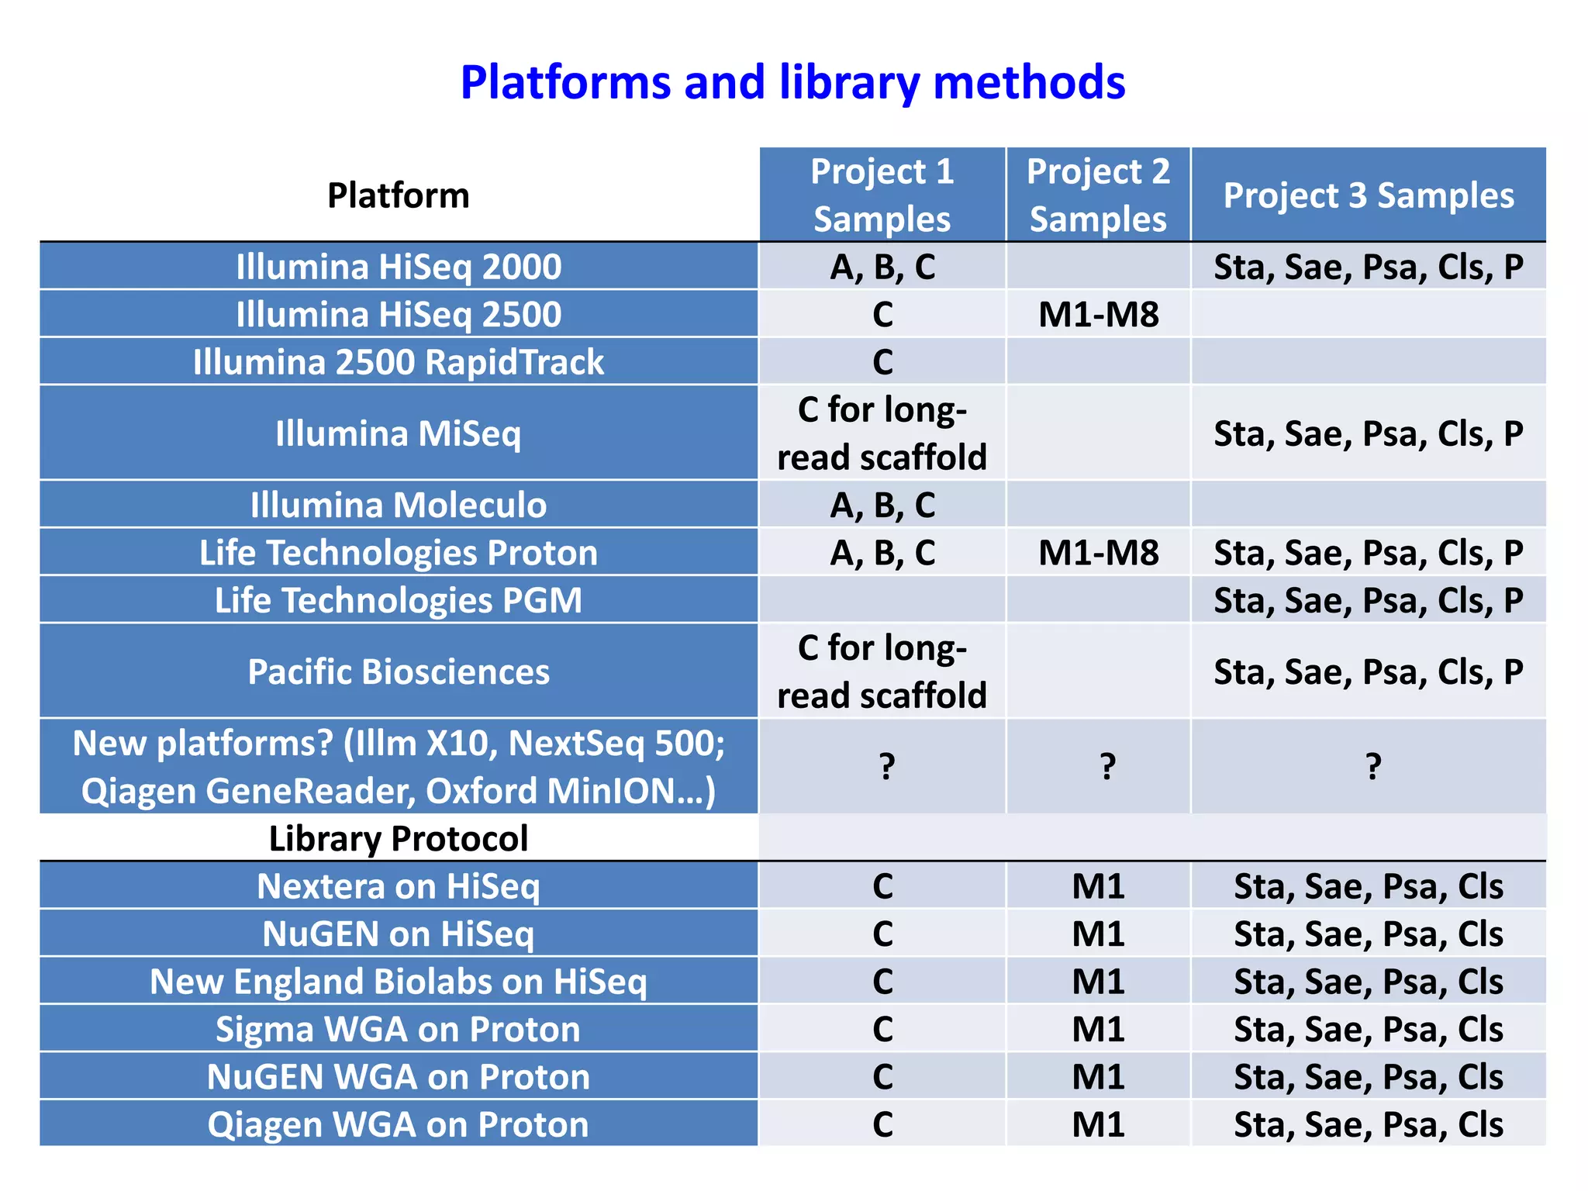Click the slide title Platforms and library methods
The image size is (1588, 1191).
coord(792,82)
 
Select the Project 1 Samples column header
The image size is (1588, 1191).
coord(882,195)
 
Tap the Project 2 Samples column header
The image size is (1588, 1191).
coord(1098,195)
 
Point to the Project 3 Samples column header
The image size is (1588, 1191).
coord(1368,195)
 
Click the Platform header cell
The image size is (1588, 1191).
coord(399,195)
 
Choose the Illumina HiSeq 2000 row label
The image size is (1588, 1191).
coord(399,267)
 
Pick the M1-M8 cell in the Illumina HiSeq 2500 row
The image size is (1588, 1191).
coord(1098,314)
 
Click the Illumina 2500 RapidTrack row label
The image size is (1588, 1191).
coord(399,362)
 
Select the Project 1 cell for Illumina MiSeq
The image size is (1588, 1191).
coord(882,433)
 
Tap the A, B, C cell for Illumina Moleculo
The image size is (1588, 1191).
coord(882,505)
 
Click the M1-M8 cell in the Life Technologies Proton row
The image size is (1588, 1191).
coord(1098,553)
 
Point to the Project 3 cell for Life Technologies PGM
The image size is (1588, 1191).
coord(1368,600)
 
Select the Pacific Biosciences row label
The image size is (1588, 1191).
coord(399,671)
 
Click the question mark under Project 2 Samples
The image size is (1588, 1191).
coord(1107,766)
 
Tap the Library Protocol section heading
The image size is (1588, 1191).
coord(399,838)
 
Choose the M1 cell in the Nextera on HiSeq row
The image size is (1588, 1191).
coord(1098,886)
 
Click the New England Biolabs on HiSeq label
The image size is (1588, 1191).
coord(399,982)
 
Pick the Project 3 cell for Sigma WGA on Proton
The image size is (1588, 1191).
coord(1368,1030)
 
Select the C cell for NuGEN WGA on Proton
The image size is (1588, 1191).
coord(882,1077)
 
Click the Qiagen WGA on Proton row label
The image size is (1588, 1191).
coord(399,1125)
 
